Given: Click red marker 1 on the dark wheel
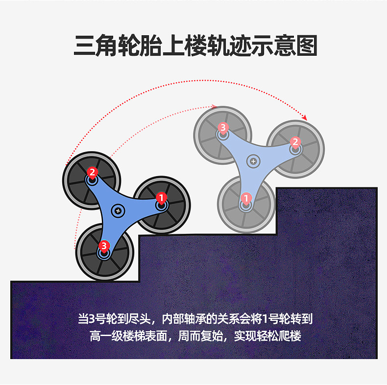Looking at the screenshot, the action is (x=161, y=197).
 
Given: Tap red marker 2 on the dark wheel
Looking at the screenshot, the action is (x=92, y=172).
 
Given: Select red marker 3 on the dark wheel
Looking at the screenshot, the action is (x=103, y=245).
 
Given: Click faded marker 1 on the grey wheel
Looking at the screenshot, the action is (x=246, y=198).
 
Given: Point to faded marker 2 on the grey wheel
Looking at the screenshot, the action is (x=295, y=142).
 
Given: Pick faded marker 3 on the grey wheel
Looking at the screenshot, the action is (x=223, y=128).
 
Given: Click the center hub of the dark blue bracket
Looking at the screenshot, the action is (x=118, y=210).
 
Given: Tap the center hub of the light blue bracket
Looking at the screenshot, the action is (x=253, y=160).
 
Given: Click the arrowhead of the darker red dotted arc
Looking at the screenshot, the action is (x=305, y=118).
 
